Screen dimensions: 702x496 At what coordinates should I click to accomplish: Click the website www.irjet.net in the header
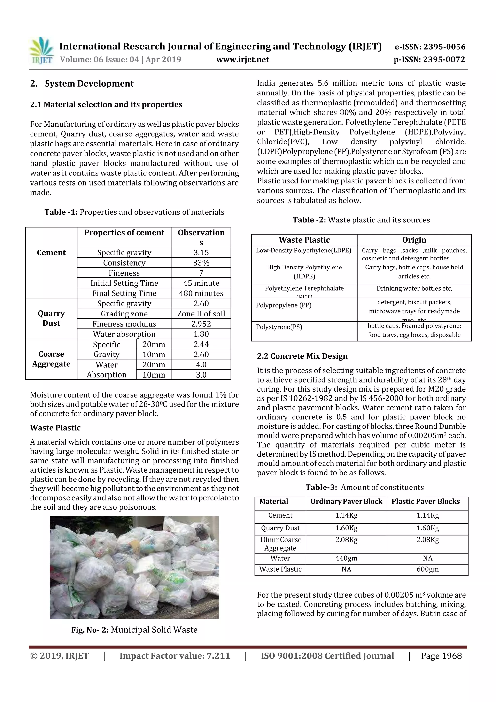(x=243, y=59)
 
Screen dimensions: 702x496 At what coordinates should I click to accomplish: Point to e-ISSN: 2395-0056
(x=430, y=47)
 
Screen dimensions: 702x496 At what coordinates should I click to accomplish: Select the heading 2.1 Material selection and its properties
(x=106, y=105)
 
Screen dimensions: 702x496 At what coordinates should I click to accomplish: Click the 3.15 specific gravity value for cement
(x=201, y=252)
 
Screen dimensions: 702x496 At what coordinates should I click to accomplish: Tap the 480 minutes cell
(x=201, y=293)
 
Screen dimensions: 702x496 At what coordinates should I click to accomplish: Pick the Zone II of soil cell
(x=201, y=314)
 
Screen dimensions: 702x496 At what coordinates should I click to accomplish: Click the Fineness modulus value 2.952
(x=201, y=324)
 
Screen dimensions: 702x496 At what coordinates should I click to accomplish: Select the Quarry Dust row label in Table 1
(x=51, y=318)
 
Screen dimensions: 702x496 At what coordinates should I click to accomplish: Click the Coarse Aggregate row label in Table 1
(x=51, y=359)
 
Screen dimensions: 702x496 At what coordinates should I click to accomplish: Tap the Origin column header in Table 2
(x=414, y=240)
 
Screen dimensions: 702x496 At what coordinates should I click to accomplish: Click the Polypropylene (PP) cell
(x=284, y=305)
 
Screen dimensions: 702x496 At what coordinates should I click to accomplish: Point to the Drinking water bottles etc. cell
(x=414, y=288)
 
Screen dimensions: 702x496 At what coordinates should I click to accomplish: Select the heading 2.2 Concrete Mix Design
(x=302, y=356)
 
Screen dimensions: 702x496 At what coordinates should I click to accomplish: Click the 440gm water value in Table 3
(x=346, y=558)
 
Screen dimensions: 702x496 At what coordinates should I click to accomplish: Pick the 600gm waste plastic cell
(x=427, y=569)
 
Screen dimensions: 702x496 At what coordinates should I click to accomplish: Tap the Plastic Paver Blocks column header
(x=426, y=501)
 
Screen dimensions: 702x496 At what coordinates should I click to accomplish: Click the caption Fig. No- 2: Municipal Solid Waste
(x=134, y=630)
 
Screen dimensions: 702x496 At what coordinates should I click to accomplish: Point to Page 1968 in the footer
(x=441, y=656)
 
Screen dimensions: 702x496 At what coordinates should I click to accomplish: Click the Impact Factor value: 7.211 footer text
(x=175, y=656)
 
